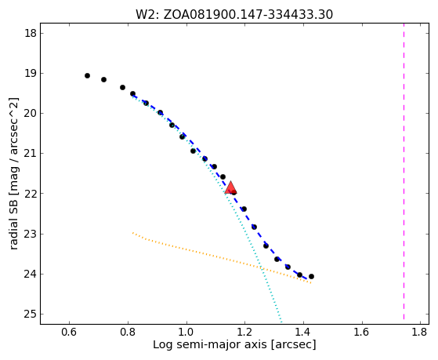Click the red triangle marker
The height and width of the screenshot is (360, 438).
click(230, 187)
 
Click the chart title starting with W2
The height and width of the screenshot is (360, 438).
click(234, 14)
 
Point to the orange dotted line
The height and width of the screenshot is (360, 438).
click(222, 257)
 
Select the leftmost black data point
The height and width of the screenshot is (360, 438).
click(87, 75)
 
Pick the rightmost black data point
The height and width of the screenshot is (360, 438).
click(312, 276)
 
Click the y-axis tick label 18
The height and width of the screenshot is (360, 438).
click(30, 33)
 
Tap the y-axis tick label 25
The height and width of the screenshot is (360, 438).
click(30, 315)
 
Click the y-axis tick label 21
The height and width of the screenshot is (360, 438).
click(30, 154)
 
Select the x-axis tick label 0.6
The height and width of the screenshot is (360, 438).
click(69, 332)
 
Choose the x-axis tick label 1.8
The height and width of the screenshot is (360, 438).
click(419, 332)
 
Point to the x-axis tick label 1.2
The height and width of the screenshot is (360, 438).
click(245, 332)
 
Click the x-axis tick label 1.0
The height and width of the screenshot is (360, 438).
click(186, 332)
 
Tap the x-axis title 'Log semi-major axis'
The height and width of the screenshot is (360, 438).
click(209, 344)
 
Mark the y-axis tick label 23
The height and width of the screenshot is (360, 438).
click(30, 234)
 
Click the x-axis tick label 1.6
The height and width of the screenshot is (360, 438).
click(362, 332)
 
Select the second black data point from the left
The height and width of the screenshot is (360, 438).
click(103, 80)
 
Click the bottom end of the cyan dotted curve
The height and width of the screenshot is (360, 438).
click(281, 322)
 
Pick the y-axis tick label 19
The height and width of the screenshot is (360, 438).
click(30, 73)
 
